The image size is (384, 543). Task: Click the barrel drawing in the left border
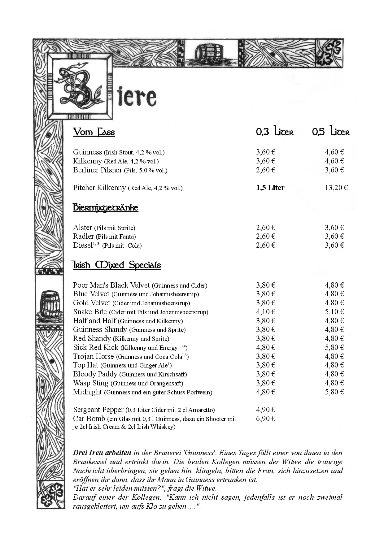pos(50,305)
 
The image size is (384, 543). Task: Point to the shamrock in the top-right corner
pos(329,53)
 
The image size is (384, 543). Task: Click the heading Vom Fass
pos(94,132)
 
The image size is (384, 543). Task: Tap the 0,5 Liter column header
pos(331,132)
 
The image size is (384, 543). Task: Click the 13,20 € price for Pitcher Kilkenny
pos(336,188)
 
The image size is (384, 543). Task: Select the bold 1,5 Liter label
pos(270,188)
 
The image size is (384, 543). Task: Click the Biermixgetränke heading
pos(106,207)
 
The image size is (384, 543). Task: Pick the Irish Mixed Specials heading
pos(117,265)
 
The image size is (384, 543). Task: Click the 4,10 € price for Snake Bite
pos(265,312)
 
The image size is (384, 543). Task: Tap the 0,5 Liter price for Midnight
pos(334,392)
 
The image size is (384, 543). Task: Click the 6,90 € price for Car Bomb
pos(265,419)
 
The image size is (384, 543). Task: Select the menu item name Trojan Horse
pos(94,356)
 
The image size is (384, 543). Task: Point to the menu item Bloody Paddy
pos(95,374)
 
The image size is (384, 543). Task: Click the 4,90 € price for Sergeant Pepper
pos(265,410)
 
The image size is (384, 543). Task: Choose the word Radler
pos(83,236)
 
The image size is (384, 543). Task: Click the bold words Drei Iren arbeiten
pos(102,453)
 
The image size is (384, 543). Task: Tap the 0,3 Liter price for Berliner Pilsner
pos(265,170)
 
